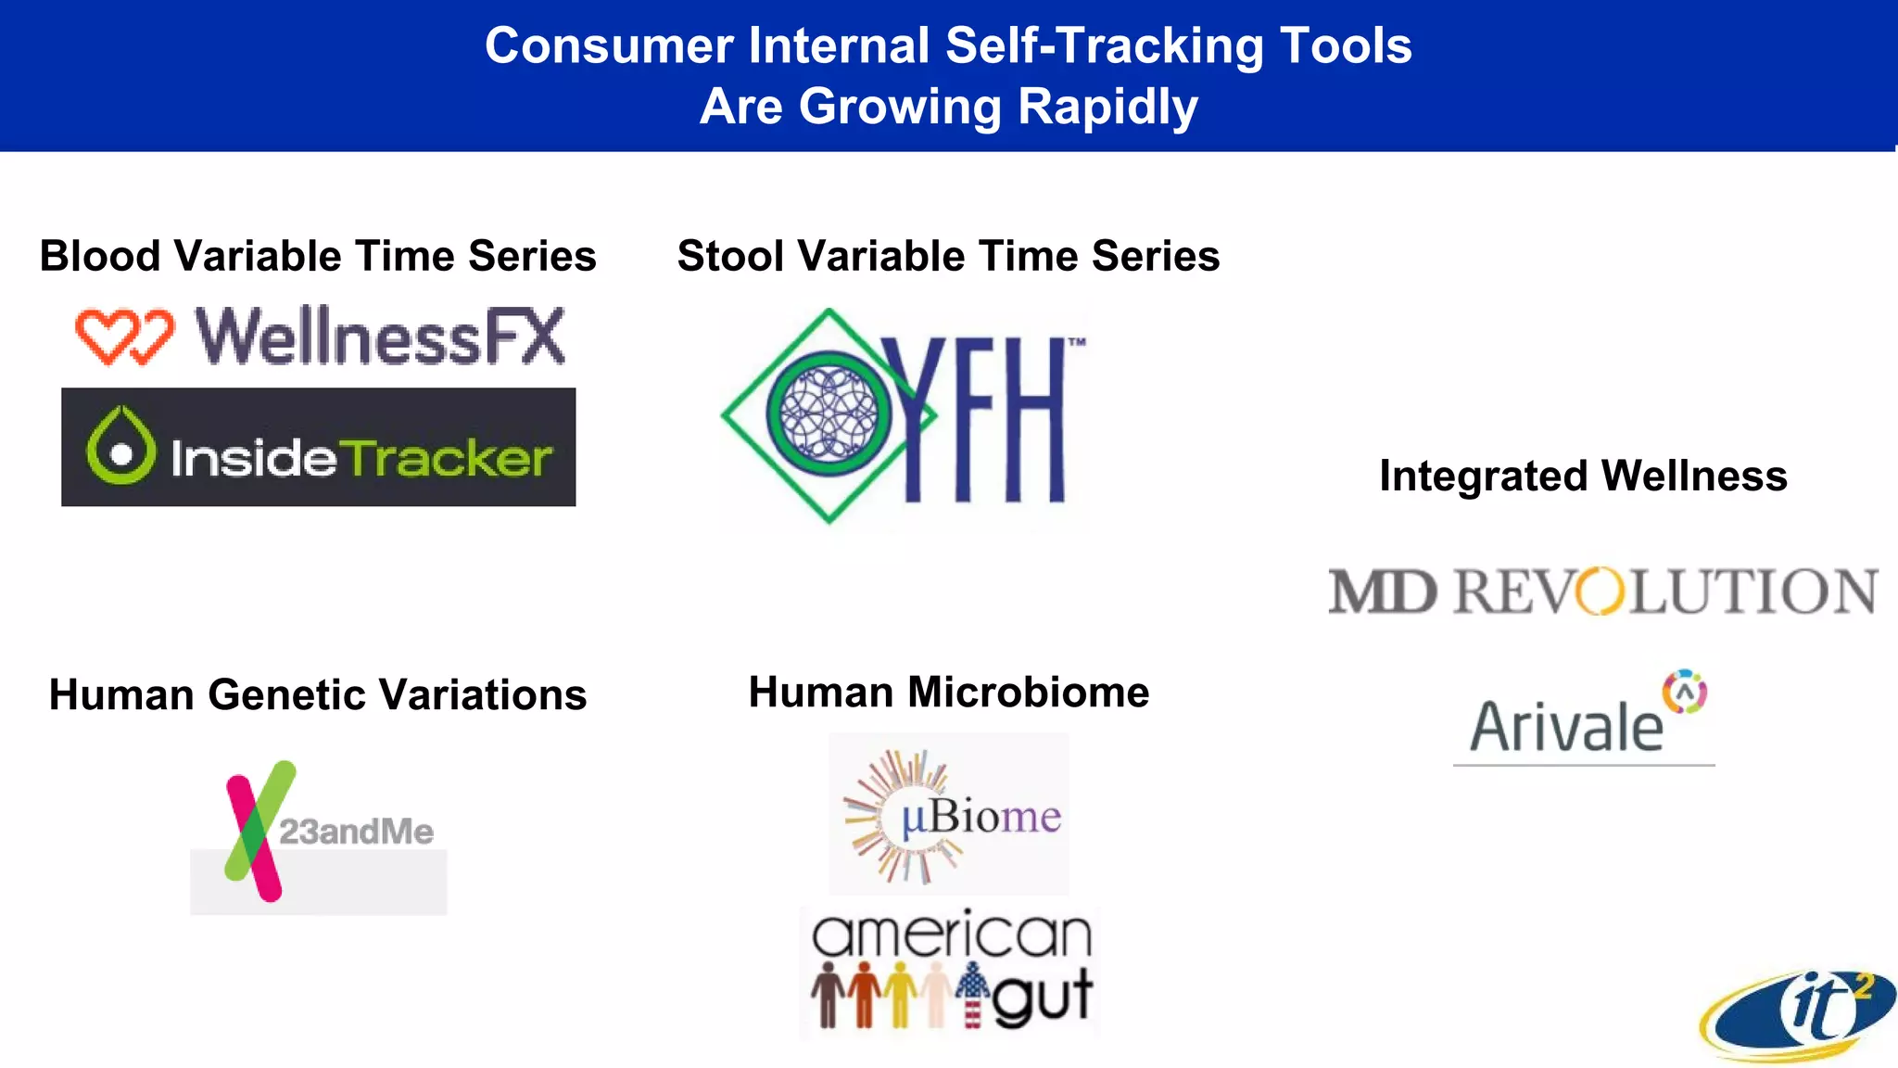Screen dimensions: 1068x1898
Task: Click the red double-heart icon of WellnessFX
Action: click(x=124, y=336)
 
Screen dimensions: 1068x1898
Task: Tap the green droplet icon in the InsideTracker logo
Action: click(x=120, y=447)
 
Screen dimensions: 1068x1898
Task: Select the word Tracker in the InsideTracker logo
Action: click(x=449, y=458)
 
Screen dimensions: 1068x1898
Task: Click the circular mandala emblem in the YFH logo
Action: click(x=829, y=413)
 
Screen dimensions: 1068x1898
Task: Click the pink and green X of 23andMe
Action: click(x=256, y=831)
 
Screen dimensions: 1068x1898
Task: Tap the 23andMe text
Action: click(x=356, y=832)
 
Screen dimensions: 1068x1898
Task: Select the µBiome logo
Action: click(x=949, y=816)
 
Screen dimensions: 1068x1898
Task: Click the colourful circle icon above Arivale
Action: click(x=1684, y=692)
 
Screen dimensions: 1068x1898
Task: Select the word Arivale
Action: click(x=1566, y=727)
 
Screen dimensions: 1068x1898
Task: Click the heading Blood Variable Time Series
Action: click(x=318, y=256)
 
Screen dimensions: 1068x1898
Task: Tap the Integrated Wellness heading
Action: click(x=1583, y=476)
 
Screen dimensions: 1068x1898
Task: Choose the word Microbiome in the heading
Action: click(x=1029, y=693)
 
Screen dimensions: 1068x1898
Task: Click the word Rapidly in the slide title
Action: click(x=1107, y=106)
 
